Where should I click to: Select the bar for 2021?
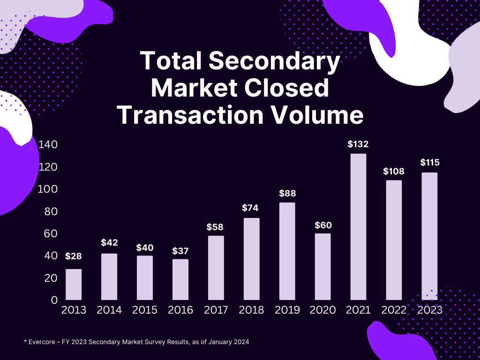pos(358,227)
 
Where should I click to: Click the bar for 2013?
pos(74,285)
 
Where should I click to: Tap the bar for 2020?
pos(322,267)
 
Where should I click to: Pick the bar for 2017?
pos(216,268)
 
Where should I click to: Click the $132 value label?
pos(358,144)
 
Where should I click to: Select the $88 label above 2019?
pos(287,193)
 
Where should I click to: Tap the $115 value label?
pos(429,163)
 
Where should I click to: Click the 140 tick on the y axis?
pos(48,144)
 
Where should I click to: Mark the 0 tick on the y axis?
pos(54,300)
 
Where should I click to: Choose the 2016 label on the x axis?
pos(180,310)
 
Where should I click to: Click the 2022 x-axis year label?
pos(394,310)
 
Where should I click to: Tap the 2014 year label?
pos(109,310)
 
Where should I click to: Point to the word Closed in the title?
pos(283,88)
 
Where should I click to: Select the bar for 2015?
pos(145,277)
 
